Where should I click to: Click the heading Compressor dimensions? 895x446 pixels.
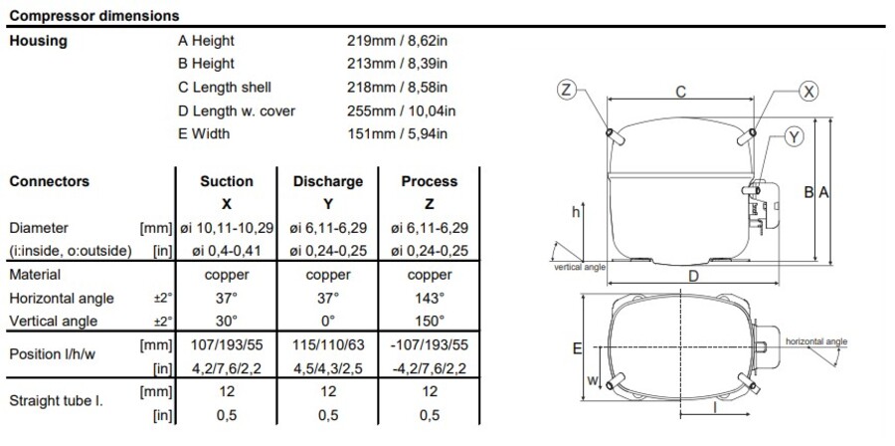pyautogui.click(x=94, y=16)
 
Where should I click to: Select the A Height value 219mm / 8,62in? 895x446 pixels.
pyautogui.click(x=397, y=41)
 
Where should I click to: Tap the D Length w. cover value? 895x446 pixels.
pyautogui.click(x=402, y=111)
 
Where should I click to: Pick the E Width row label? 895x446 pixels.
pyautogui.click(x=204, y=133)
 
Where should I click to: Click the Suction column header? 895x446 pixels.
pyautogui.click(x=227, y=181)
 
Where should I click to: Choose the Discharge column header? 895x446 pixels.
pyautogui.click(x=328, y=181)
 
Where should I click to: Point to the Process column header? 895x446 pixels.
pyautogui.click(x=430, y=181)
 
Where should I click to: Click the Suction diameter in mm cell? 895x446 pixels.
pyautogui.click(x=227, y=228)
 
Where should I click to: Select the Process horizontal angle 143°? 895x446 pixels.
pyautogui.click(x=430, y=298)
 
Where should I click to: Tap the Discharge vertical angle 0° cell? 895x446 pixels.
pyautogui.click(x=328, y=321)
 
